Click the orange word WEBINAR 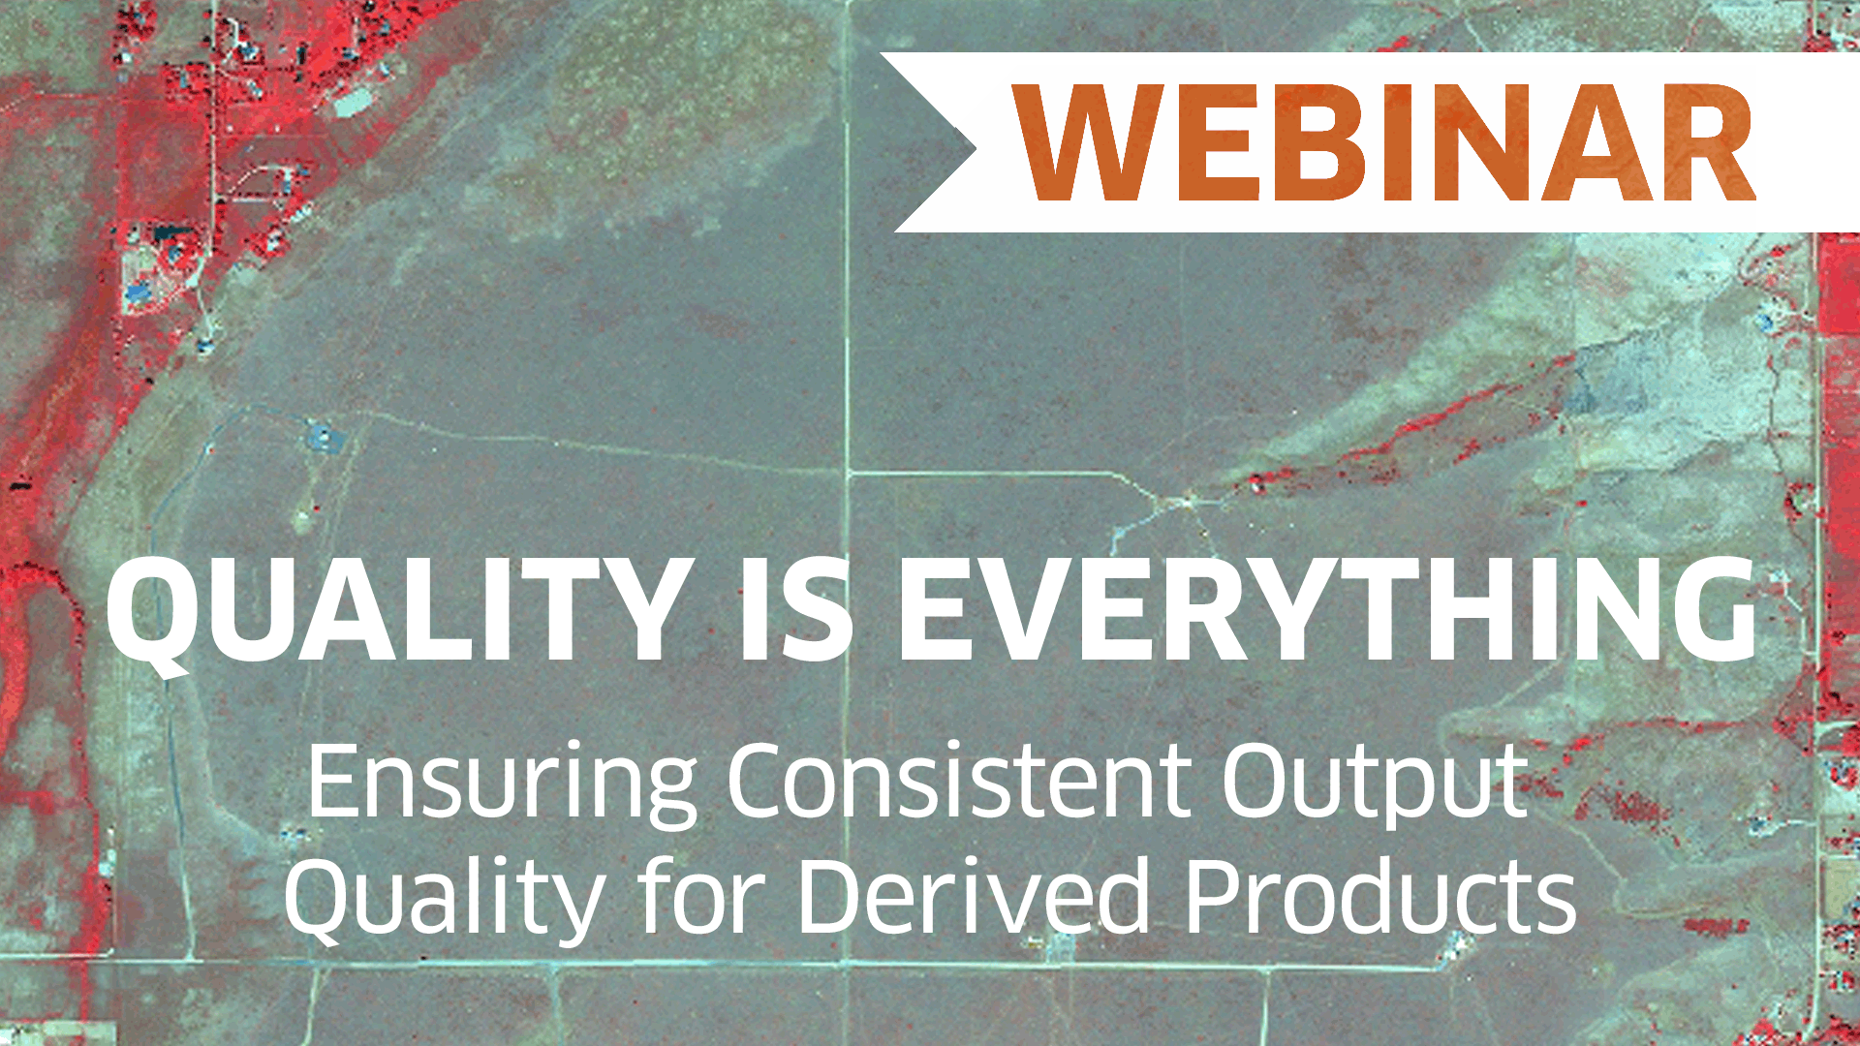tap(1384, 142)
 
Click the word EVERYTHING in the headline tap(1327, 611)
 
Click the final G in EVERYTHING tap(1708, 611)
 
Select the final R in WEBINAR tap(1707, 142)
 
